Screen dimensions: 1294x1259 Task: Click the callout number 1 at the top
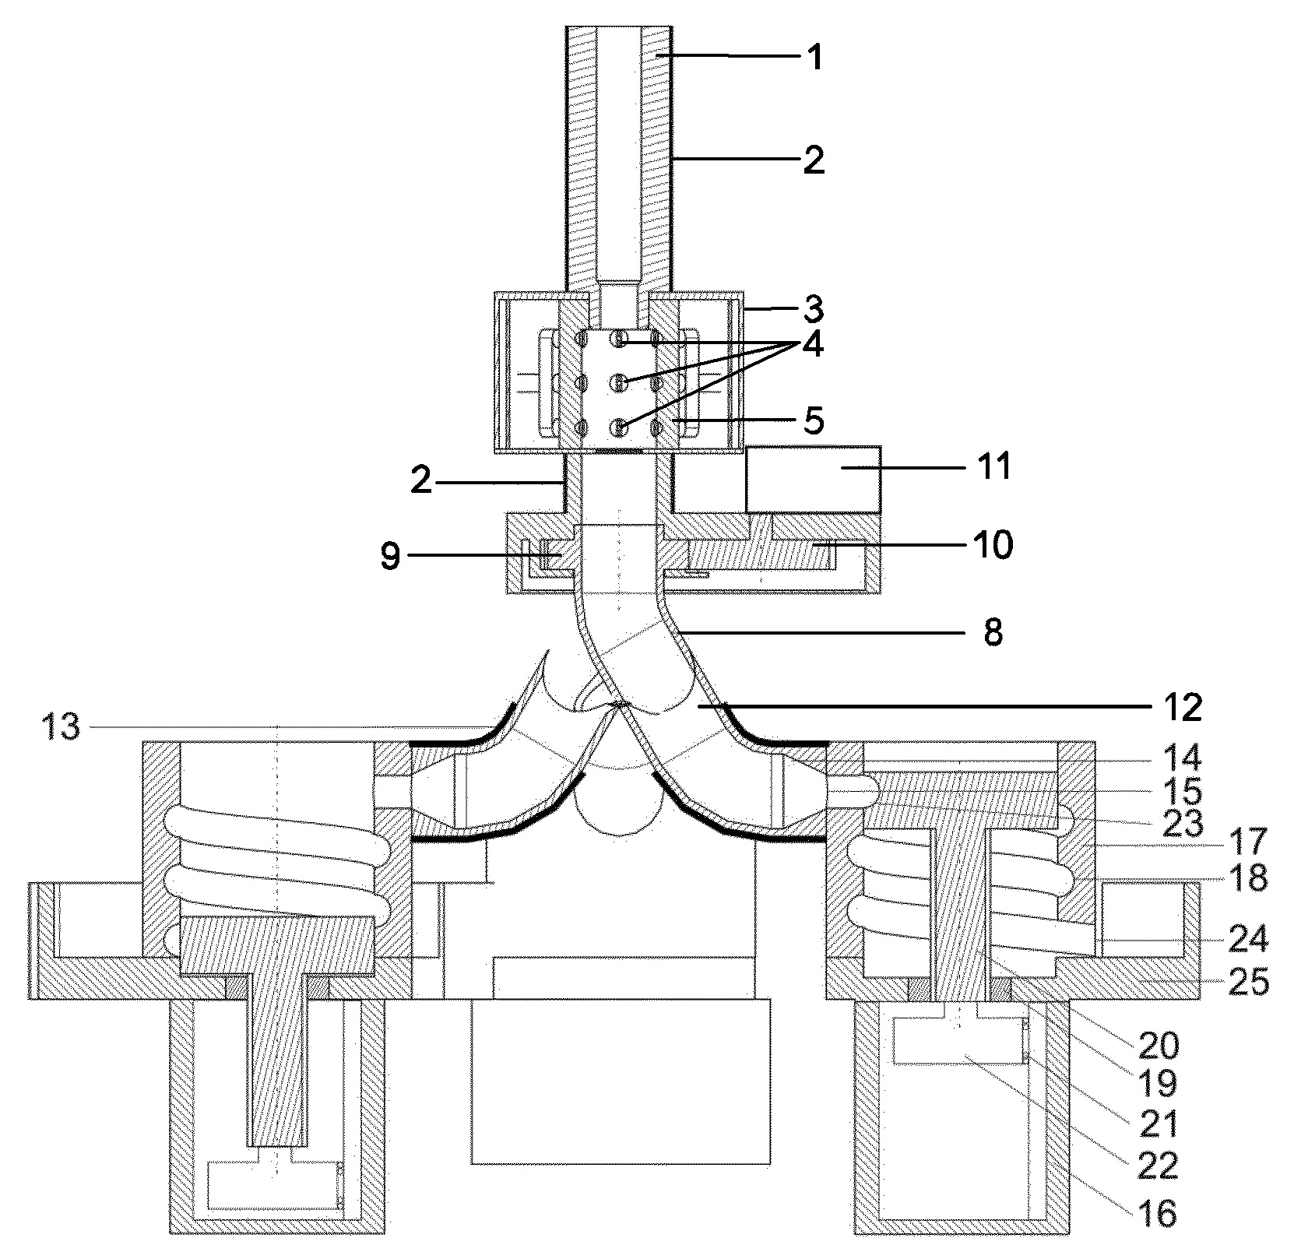pyautogui.click(x=814, y=58)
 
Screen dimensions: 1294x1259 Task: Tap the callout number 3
pyautogui.click(x=814, y=310)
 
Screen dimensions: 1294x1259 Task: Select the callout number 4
pyautogui.click(x=813, y=346)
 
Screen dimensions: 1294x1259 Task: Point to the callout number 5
pyautogui.click(x=813, y=420)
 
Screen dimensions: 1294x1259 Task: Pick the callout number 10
pyautogui.click(x=991, y=545)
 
